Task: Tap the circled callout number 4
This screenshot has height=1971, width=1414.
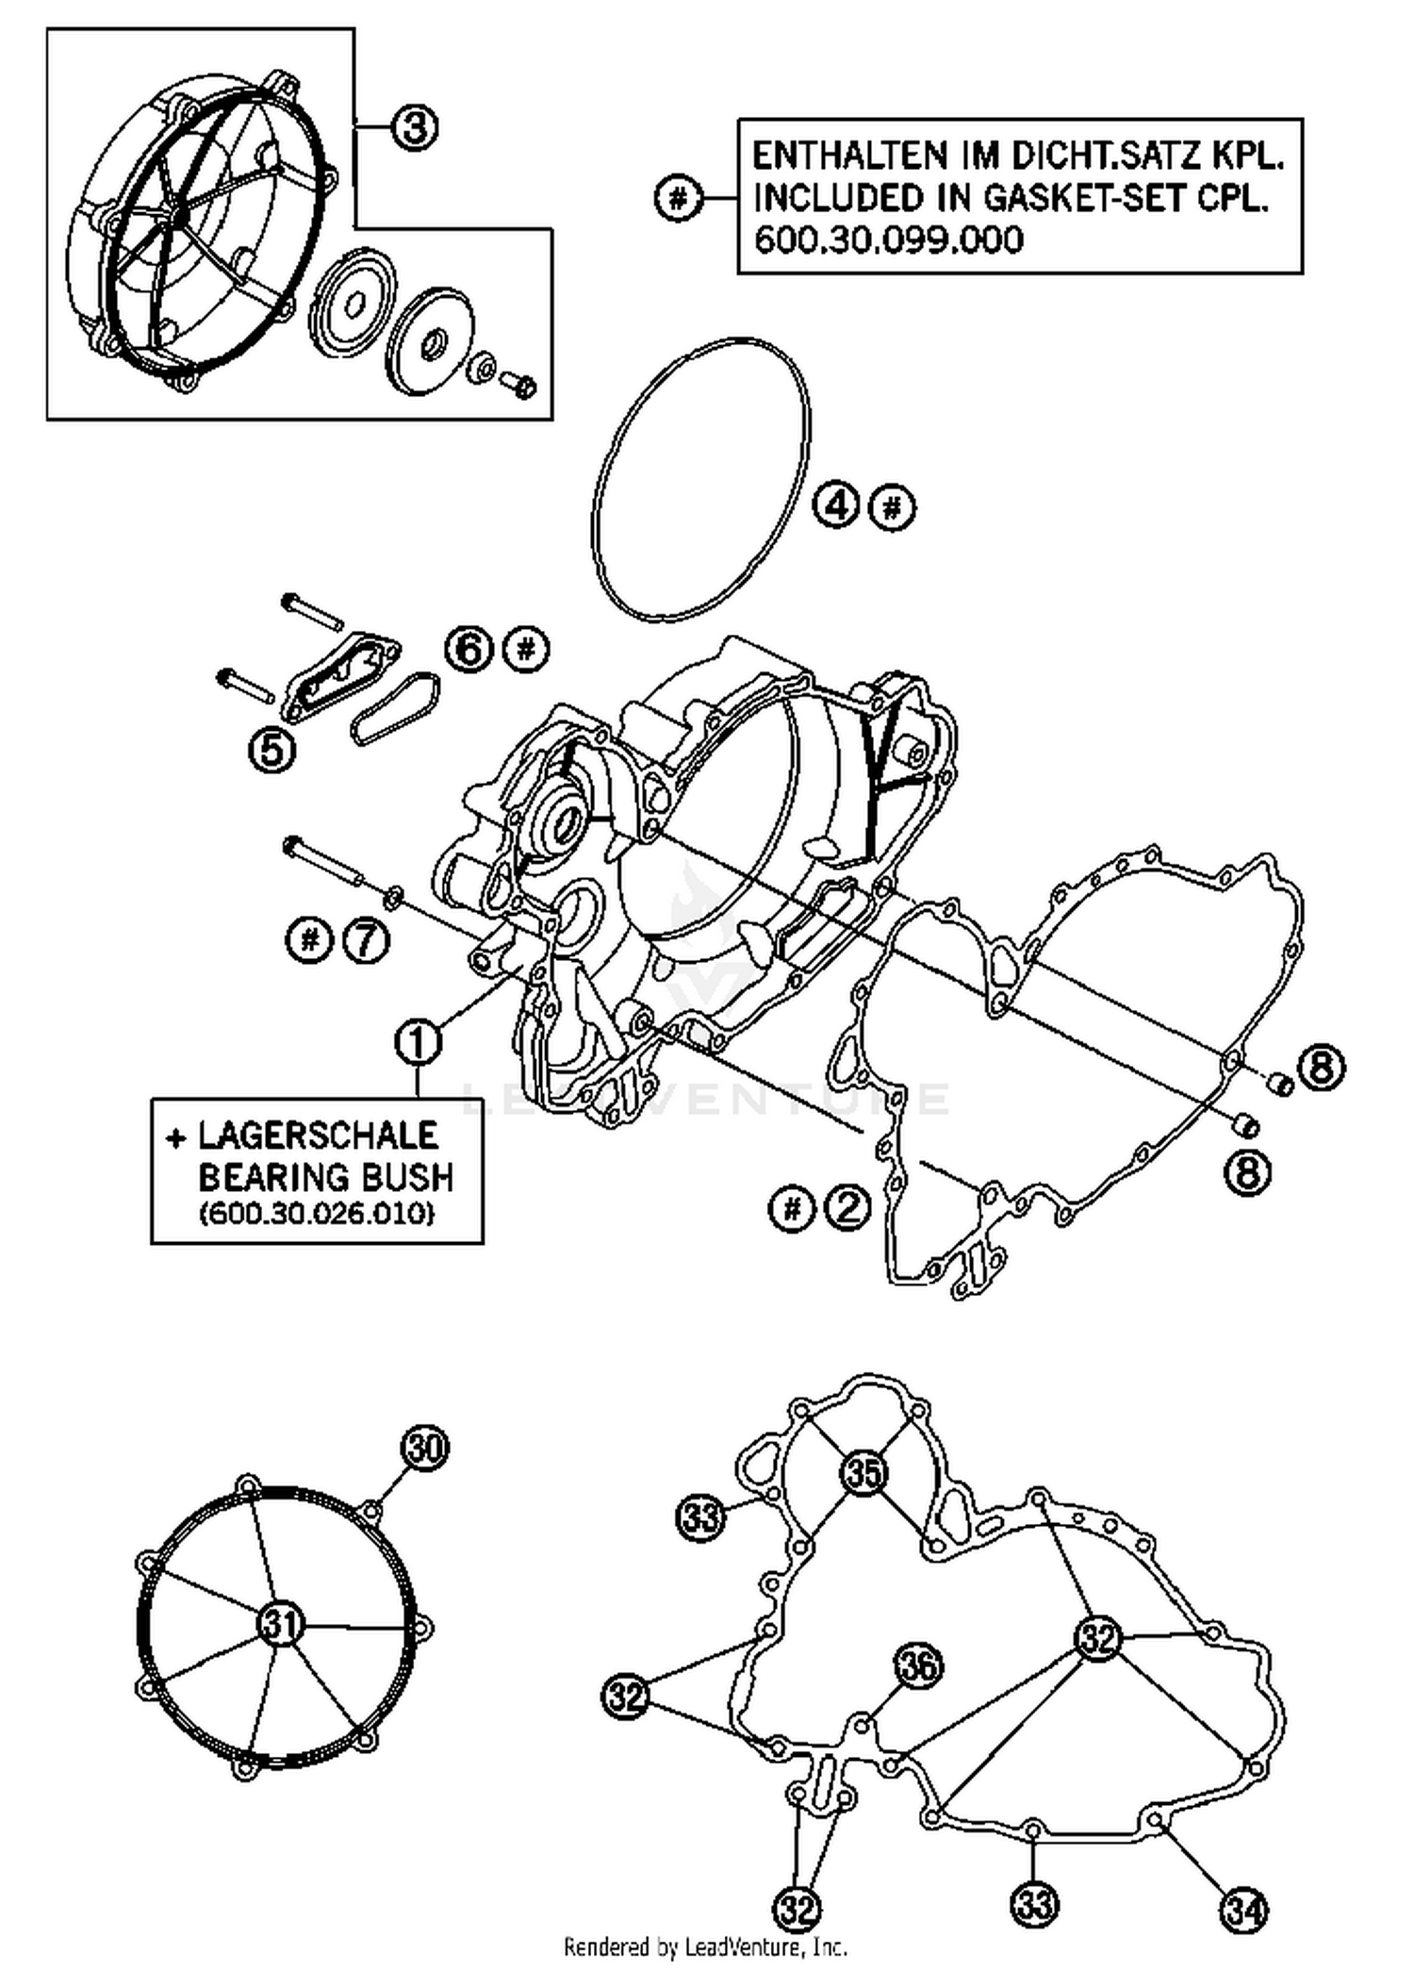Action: tap(836, 506)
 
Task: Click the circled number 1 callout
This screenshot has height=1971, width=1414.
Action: tap(419, 1042)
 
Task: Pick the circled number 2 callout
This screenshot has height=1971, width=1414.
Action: tap(847, 1207)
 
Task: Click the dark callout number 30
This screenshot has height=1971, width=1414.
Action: tap(424, 1448)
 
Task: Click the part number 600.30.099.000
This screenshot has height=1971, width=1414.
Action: tap(888, 240)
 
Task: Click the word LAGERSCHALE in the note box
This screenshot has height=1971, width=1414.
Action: tap(318, 1135)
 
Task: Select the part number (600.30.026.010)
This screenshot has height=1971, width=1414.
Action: tap(317, 1214)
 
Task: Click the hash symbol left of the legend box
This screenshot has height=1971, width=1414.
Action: tap(678, 199)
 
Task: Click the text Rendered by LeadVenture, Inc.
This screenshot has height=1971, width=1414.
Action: tap(705, 1946)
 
